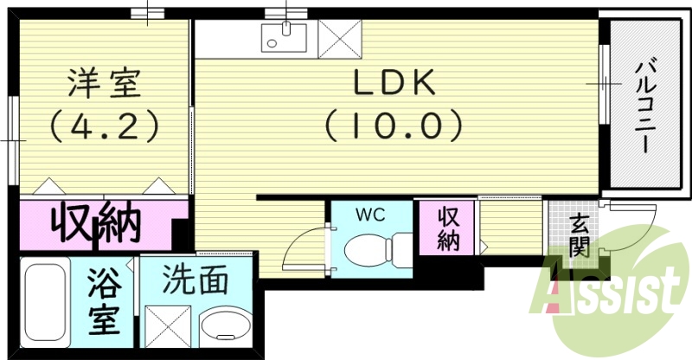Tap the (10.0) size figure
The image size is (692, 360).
click(394, 126)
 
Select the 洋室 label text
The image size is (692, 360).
click(103, 84)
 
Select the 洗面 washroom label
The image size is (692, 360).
click(197, 280)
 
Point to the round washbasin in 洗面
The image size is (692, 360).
click(226, 330)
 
